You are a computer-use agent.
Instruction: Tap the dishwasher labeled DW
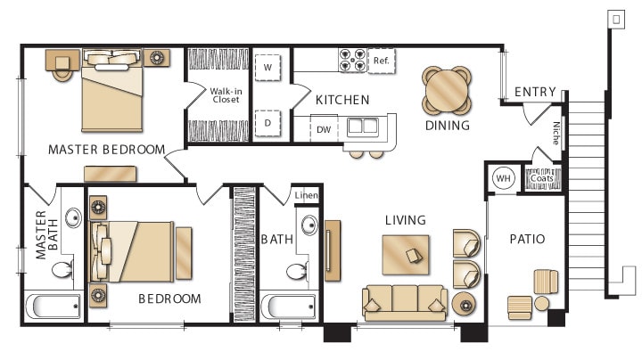point(324,129)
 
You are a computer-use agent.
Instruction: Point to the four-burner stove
point(353,61)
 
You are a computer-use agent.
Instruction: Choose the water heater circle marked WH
point(504,178)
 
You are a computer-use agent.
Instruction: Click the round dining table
point(446,89)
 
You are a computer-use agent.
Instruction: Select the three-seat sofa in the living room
point(405,301)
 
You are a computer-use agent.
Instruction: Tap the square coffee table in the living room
point(405,254)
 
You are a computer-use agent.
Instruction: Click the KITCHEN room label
point(342,100)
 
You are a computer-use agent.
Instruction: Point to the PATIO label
point(527,239)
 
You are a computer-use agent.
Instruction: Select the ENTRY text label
point(535,92)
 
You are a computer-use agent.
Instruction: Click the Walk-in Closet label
point(224,94)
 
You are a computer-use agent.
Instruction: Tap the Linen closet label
point(306,195)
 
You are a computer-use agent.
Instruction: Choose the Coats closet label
point(541,178)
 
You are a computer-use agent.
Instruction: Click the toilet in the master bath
point(63,267)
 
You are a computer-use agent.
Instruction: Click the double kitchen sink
point(362,126)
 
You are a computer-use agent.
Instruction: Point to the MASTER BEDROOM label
point(106,149)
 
